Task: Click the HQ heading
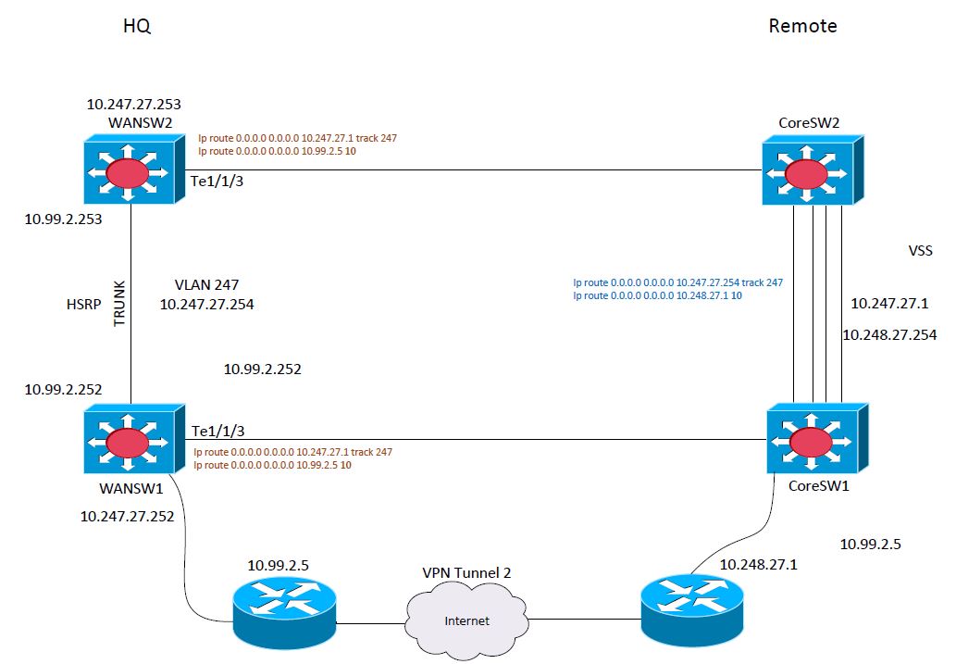137,27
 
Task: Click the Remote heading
802,27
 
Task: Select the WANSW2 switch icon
130,171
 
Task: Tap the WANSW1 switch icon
130,440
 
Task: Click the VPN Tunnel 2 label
460,573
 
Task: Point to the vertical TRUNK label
118,302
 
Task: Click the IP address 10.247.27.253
140,105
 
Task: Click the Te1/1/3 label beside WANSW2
217,182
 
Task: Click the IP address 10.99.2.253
64,219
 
